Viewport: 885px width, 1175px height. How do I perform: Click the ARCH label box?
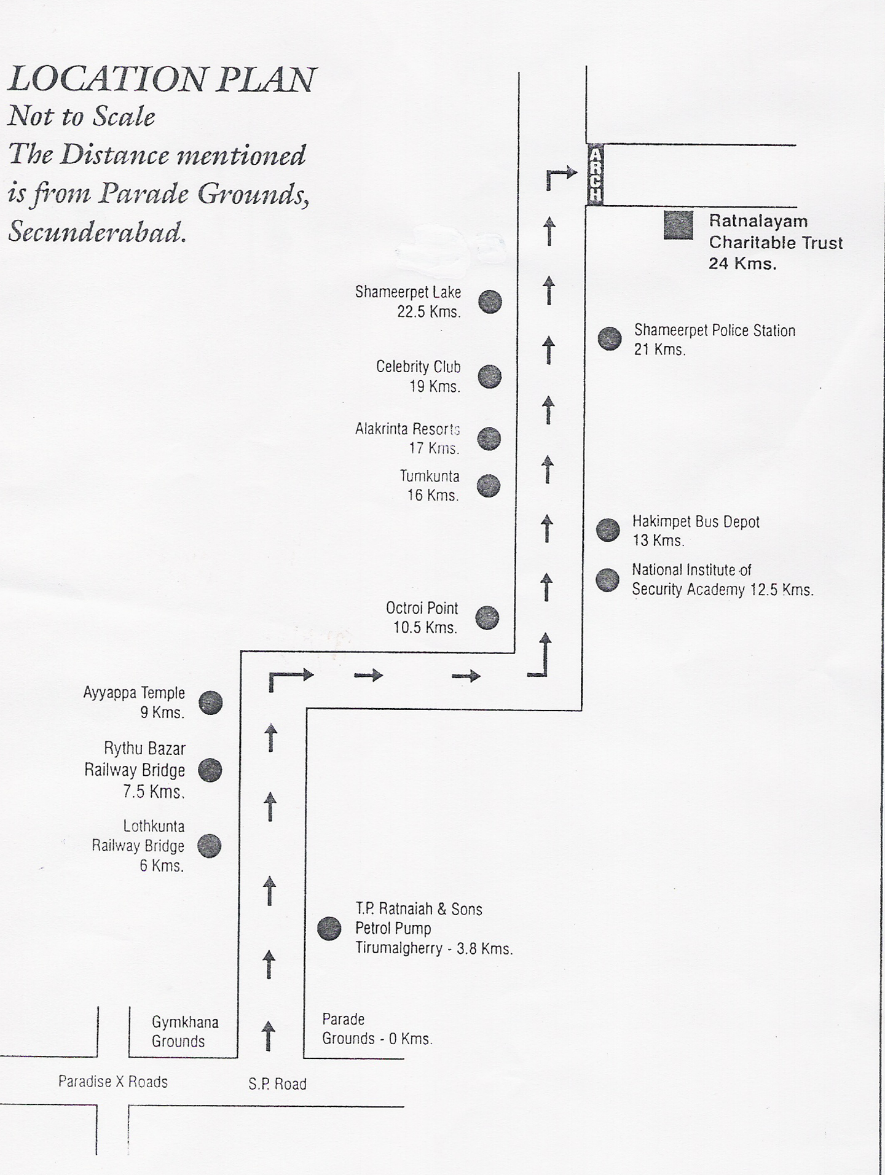(x=595, y=175)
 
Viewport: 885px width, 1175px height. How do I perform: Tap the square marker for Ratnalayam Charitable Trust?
(x=678, y=225)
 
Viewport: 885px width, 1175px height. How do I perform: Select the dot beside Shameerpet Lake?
(x=490, y=302)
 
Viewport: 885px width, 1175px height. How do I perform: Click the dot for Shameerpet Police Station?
(x=610, y=338)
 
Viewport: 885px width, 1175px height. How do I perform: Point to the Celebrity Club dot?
(x=490, y=377)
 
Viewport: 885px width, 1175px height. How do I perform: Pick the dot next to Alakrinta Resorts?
(x=489, y=439)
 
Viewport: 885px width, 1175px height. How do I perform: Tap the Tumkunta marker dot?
(x=489, y=486)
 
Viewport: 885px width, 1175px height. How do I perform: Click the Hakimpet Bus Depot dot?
(x=608, y=529)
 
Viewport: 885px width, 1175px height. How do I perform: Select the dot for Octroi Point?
(x=487, y=618)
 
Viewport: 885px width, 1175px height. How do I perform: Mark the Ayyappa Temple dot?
(x=211, y=703)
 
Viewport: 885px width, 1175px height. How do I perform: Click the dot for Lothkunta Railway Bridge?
(x=209, y=846)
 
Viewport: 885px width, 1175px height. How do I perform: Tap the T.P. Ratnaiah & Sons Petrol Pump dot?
(x=329, y=929)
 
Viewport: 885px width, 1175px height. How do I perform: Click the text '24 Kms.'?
(x=742, y=264)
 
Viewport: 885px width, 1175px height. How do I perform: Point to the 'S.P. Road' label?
(x=277, y=1085)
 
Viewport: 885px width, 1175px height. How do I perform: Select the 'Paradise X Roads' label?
(x=113, y=1082)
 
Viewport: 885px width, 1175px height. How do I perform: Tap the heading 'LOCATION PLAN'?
(x=162, y=80)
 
